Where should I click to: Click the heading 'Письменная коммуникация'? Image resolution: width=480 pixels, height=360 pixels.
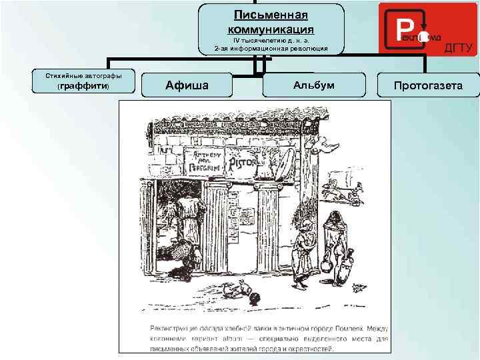click(x=271, y=22)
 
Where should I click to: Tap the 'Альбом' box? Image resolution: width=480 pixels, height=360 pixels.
click(x=314, y=85)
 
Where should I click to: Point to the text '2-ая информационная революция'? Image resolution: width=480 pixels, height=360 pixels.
click(x=271, y=49)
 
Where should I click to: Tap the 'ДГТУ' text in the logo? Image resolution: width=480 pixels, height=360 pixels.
click(x=458, y=47)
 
